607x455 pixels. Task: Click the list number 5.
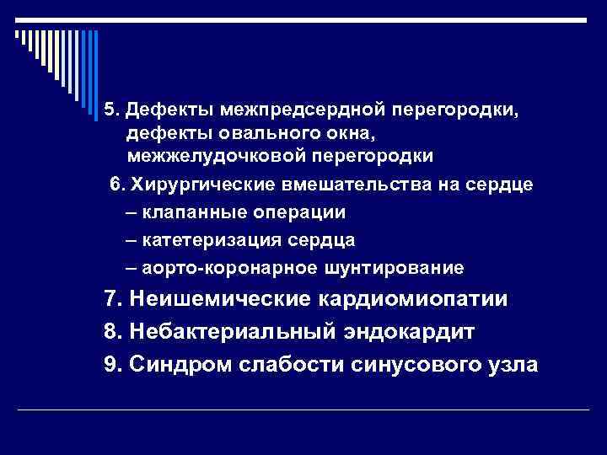click(109, 110)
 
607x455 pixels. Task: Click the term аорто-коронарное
click(219, 268)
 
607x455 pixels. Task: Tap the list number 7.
click(108, 300)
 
